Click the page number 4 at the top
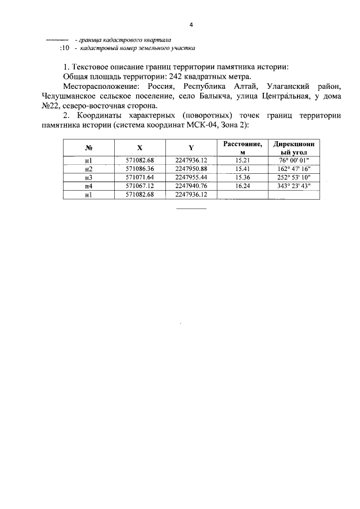coord(191,25)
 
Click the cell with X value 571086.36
coord(139,169)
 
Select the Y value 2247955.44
coord(191,177)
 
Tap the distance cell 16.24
coord(242,186)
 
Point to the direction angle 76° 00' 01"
coord(294,160)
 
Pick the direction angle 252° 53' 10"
coord(294,177)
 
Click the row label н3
coord(88,177)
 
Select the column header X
coord(139,148)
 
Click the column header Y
coord(191,148)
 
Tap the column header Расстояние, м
coord(242,148)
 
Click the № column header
coord(88,148)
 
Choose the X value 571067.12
coord(139,186)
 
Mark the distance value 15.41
coord(242,169)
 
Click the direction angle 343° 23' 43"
coord(294,186)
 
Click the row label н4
coord(88,186)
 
